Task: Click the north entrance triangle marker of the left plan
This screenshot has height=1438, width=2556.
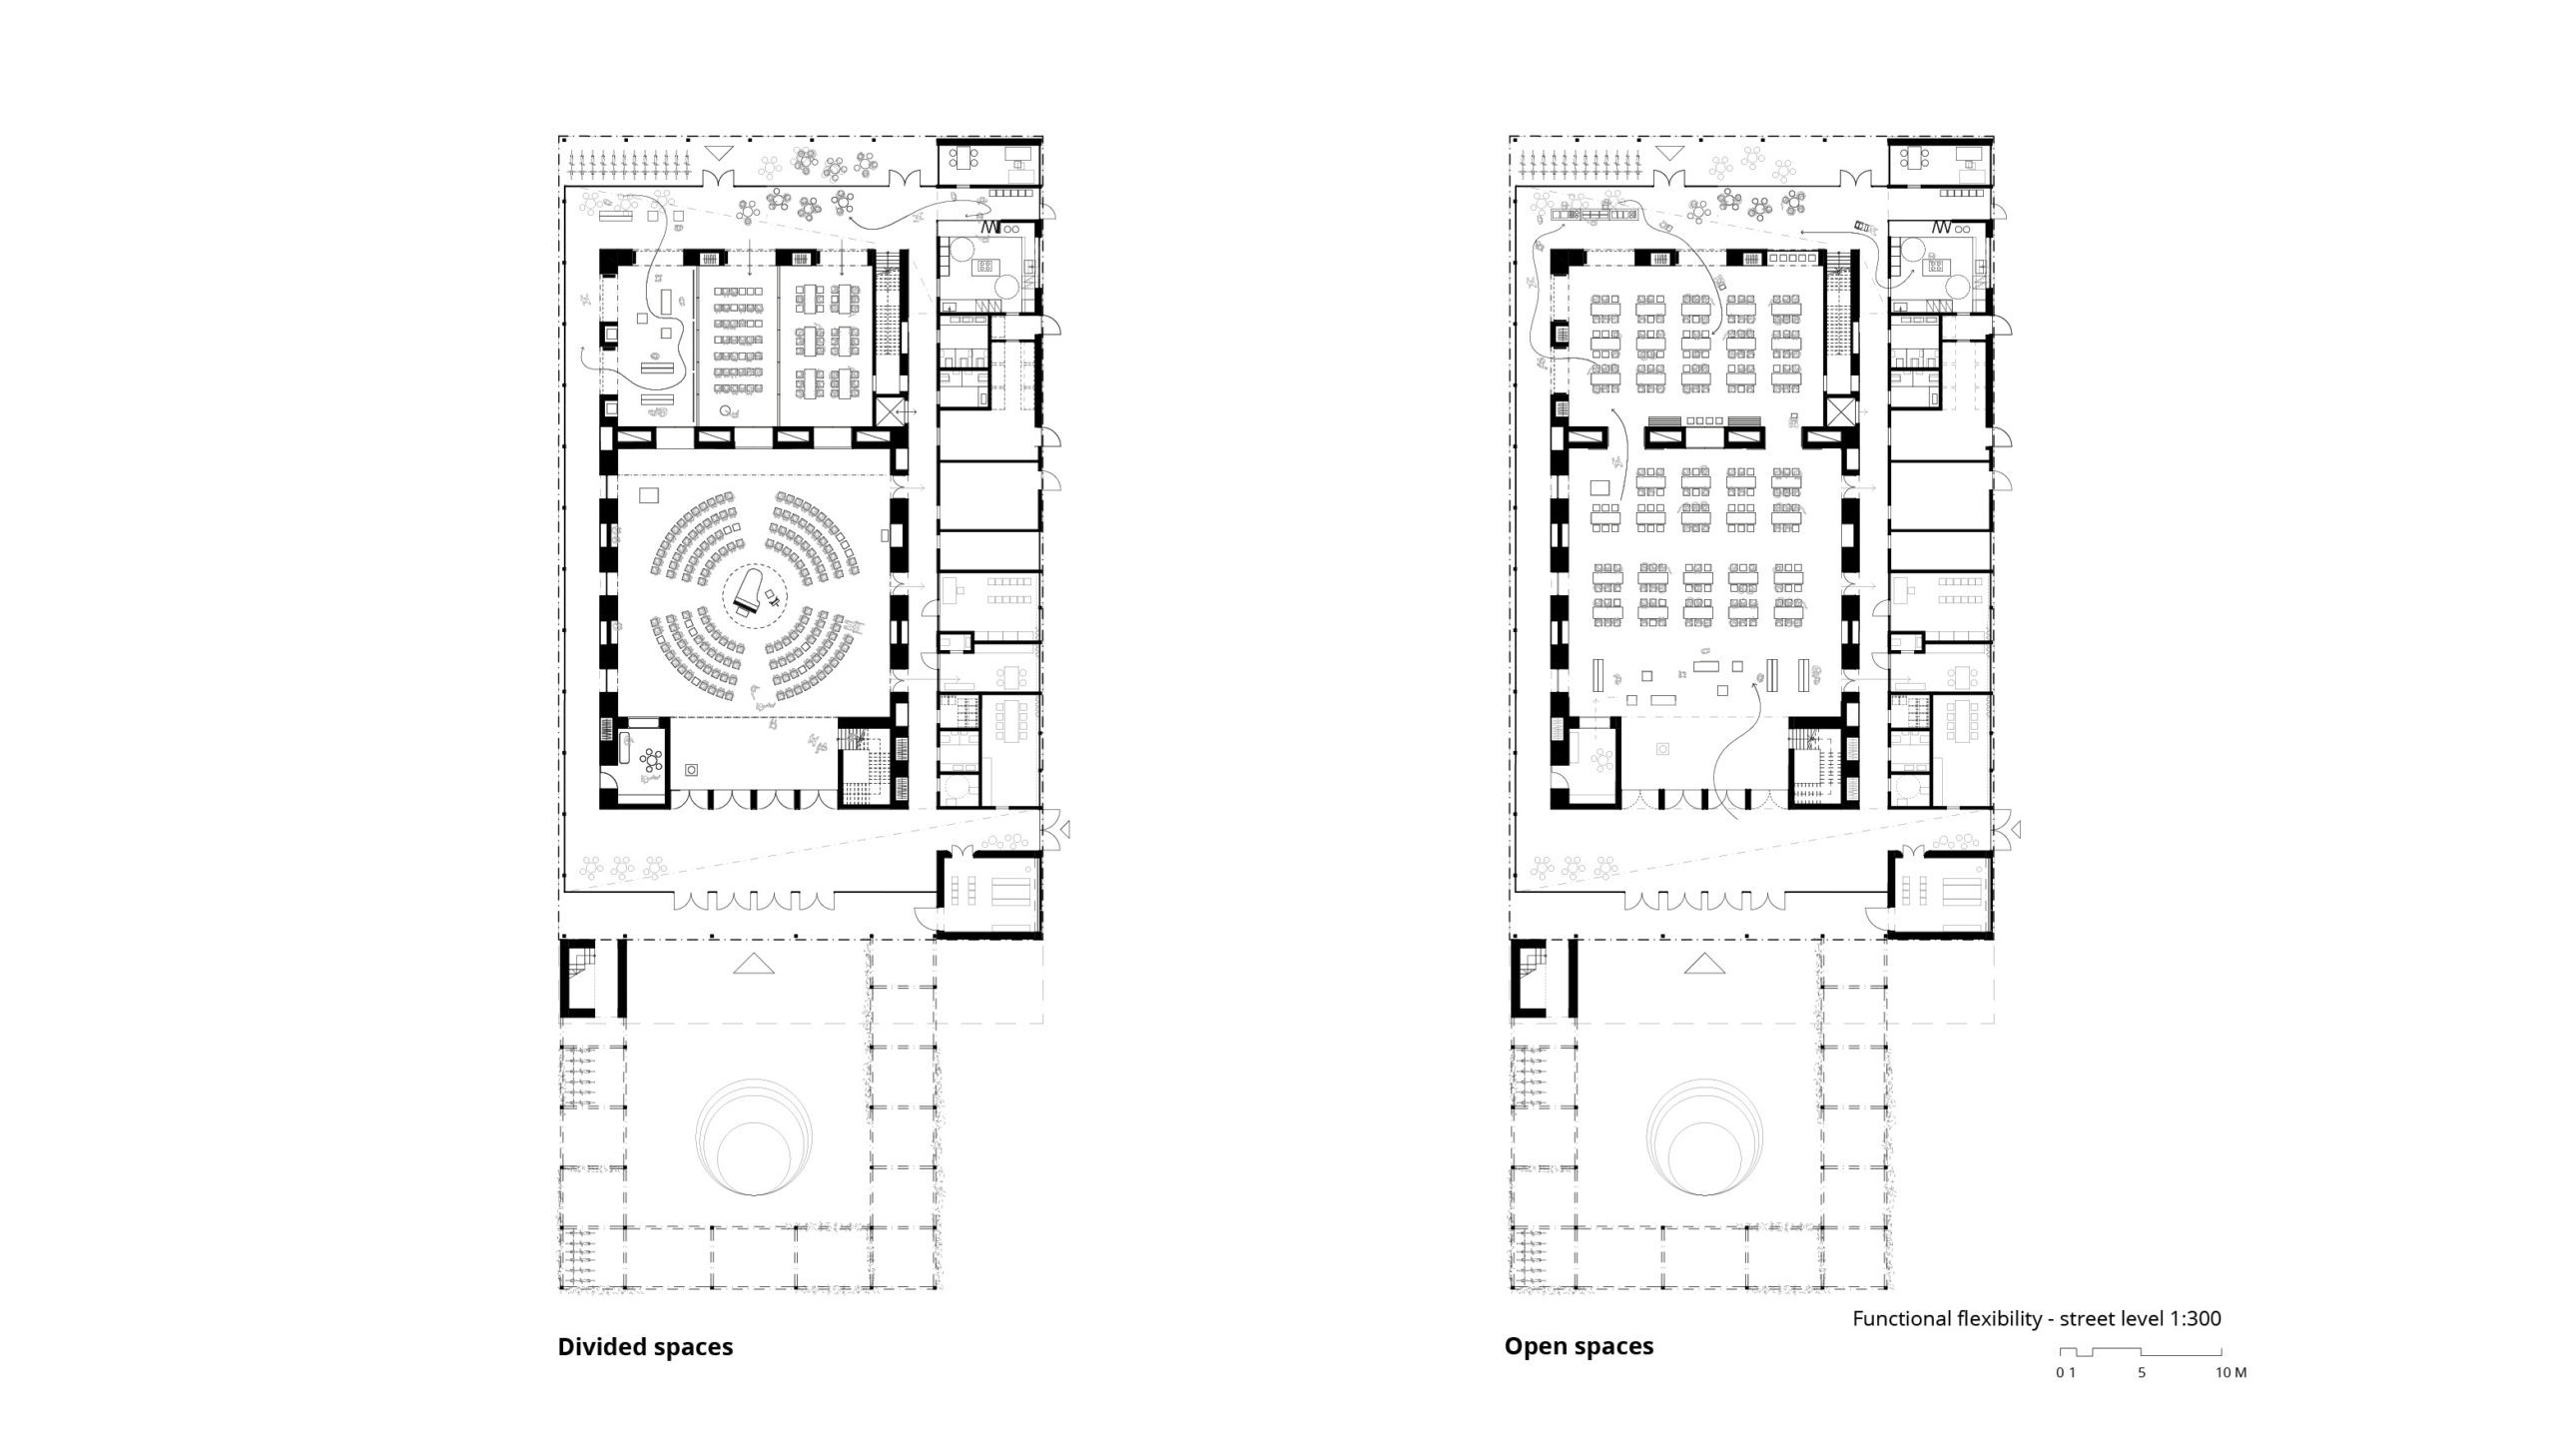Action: point(717,154)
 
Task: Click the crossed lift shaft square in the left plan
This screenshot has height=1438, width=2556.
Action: point(890,412)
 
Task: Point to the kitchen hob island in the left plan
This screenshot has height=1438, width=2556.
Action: point(985,267)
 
